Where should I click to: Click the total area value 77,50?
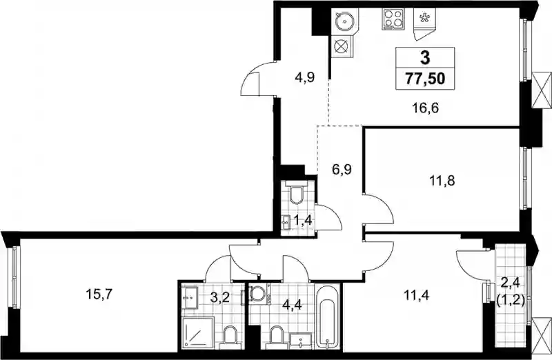click(x=425, y=79)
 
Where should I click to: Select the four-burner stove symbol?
click(x=393, y=19)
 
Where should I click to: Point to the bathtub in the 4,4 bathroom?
click(x=327, y=317)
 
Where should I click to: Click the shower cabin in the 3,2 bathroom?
click(x=198, y=332)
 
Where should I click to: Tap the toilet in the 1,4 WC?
click(x=298, y=193)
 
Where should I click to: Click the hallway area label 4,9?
click(x=305, y=77)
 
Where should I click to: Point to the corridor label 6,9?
click(x=342, y=170)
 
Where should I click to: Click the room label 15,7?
click(x=99, y=294)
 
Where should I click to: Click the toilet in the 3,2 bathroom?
click(x=231, y=336)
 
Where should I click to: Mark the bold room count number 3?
click(x=425, y=57)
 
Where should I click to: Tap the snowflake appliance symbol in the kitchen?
click(x=424, y=18)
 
